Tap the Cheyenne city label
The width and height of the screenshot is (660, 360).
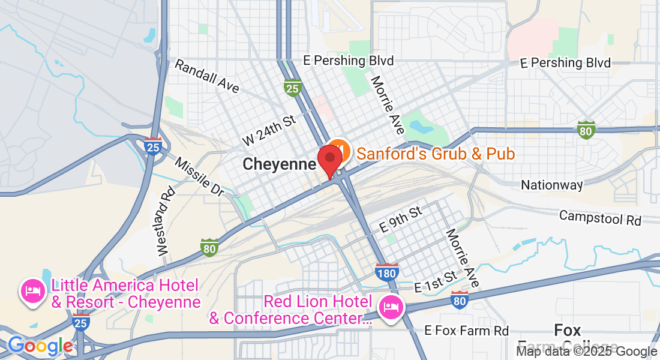pos(280,164)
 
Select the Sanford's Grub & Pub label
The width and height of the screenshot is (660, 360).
pos(436,154)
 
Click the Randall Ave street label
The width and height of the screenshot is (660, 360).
pos(206,76)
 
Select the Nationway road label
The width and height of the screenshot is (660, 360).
pos(551,185)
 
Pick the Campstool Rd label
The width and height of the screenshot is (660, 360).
pos(600,218)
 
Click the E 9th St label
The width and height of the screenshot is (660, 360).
pos(401,220)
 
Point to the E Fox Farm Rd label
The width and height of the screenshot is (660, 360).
pos(466,331)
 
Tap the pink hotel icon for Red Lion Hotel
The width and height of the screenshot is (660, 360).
pos(391,309)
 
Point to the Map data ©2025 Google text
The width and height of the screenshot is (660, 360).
pos(587,352)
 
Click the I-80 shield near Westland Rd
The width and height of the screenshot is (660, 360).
pos(209,247)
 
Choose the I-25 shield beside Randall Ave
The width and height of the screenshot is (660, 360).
pos(292,88)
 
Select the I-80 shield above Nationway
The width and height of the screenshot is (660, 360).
pos(586,129)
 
